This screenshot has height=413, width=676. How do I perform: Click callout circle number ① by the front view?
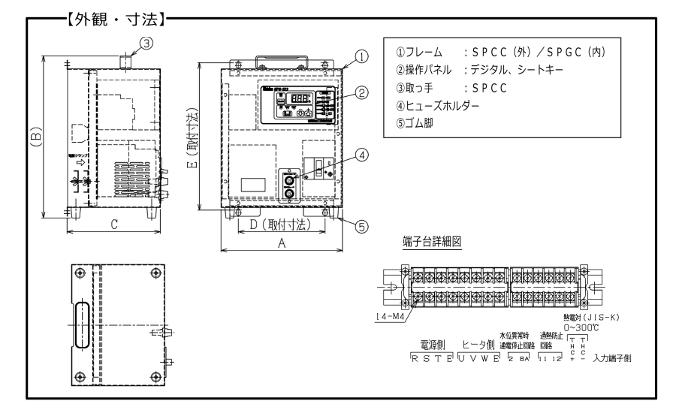pos(362,55)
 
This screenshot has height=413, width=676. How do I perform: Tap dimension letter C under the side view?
pos(113,223)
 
